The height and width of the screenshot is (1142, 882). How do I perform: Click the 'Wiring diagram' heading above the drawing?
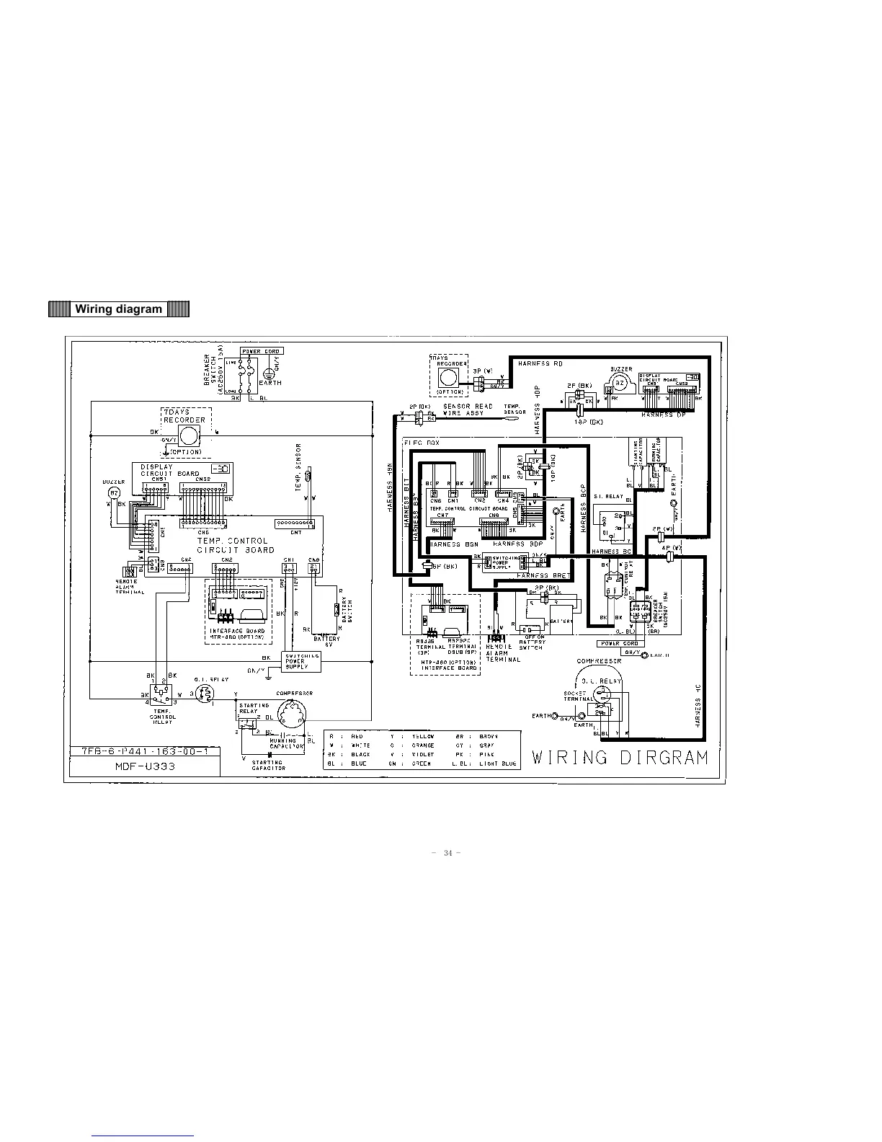[x=119, y=309]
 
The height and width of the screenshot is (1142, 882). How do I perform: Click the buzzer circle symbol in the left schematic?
[x=113, y=492]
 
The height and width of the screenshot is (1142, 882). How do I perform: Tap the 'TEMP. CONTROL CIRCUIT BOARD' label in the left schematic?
[x=236, y=545]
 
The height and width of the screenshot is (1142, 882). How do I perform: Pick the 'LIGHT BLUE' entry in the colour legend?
[x=498, y=763]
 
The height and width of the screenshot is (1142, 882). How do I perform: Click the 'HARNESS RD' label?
[x=540, y=364]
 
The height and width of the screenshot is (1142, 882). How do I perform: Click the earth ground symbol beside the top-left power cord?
[x=268, y=374]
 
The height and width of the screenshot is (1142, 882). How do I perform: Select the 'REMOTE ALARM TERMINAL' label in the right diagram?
[x=499, y=653]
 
